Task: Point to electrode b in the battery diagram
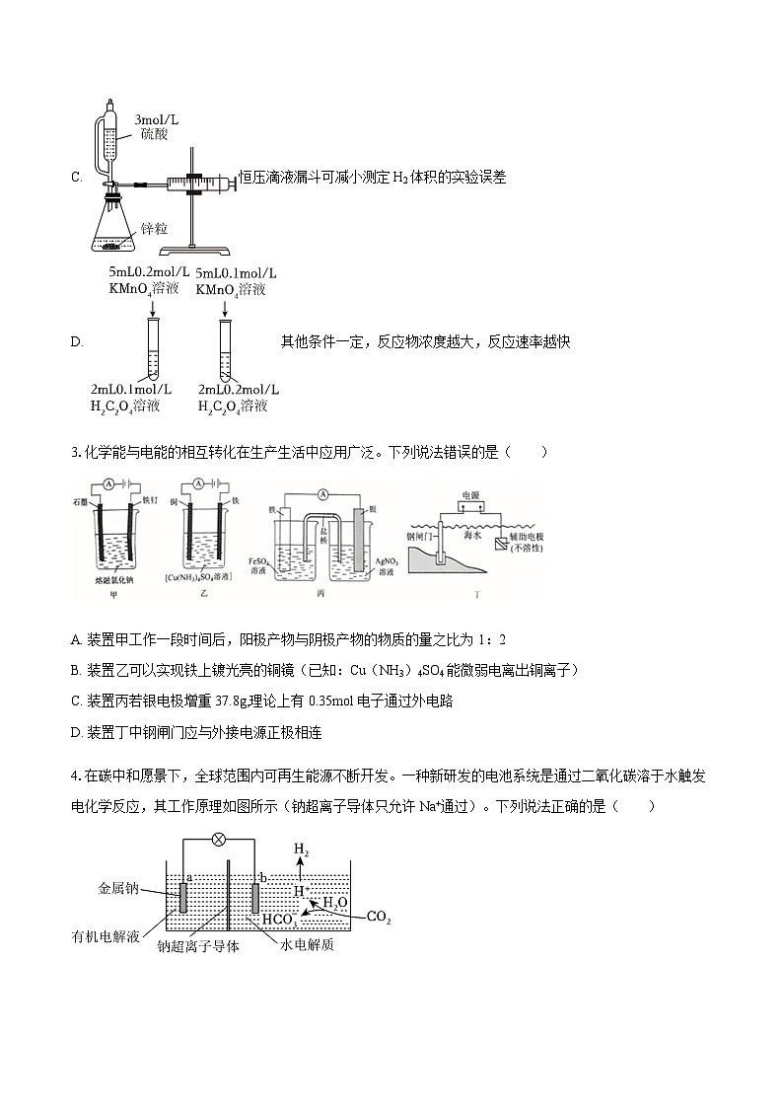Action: [255, 899]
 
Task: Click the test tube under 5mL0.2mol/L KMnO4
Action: [153, 349]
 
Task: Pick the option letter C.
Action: [76, 178]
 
